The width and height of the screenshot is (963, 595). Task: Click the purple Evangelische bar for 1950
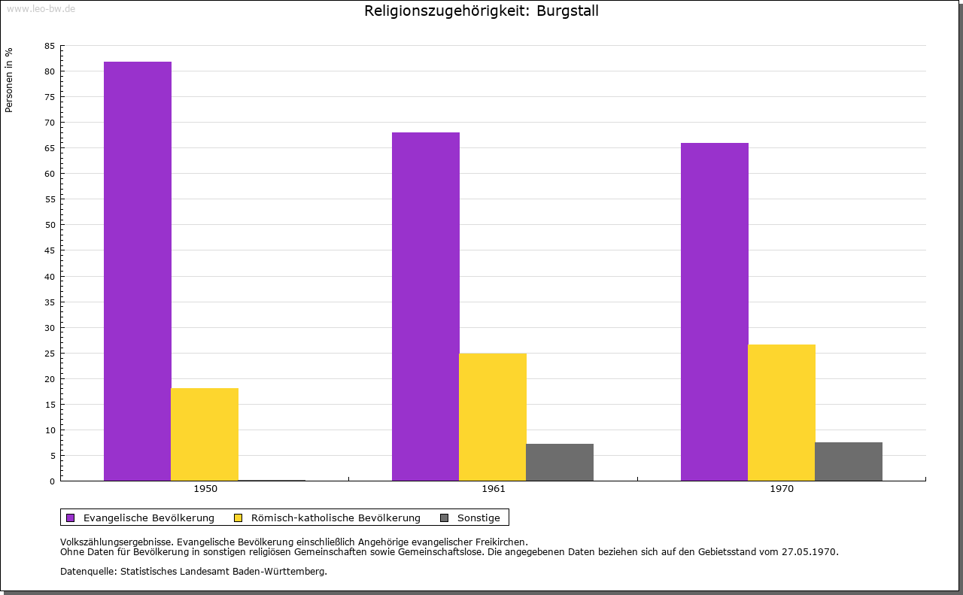(x=138, y=271)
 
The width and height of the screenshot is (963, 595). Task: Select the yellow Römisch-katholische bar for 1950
(x=205, y=434)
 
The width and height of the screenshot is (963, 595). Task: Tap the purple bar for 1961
(x=426, y=306)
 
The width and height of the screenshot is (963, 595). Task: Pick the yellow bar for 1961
(x=493, y=417)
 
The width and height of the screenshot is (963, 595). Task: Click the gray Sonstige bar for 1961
(x=560, y=462)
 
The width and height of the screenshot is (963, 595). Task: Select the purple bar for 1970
(x=715, y=311)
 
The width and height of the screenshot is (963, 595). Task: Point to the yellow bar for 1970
(x=782, y=412)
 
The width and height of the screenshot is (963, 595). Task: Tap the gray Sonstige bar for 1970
(x=849, y=461)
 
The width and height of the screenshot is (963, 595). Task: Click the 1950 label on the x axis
(x=205, y=489)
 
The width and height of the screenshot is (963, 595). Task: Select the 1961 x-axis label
(x=494, y=489)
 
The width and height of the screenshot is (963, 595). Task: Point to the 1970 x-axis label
(x=782, y=489)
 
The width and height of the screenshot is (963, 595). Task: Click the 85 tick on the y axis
(x=50, y=46)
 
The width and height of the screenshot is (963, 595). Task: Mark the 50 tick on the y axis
(x=50, y=225)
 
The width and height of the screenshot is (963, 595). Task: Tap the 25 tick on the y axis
(x=50, y=354)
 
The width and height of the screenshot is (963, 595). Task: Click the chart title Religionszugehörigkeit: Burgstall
(x=481, y=11)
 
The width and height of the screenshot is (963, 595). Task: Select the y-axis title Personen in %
(x=9, y=80)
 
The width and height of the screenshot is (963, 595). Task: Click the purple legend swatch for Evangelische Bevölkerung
(x=71, y=518)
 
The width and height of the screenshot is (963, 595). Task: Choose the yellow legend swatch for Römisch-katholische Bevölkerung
(x=238, y=518)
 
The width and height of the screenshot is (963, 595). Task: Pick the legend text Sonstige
(x=478, y=518)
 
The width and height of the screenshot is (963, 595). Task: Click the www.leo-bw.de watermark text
(x=41, y=7)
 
